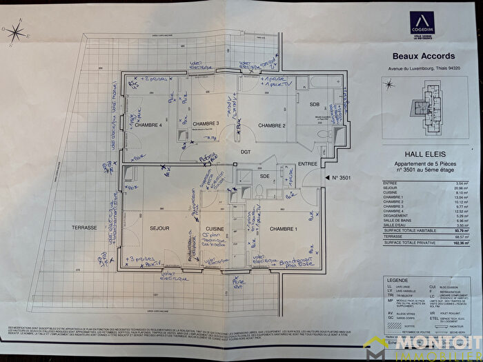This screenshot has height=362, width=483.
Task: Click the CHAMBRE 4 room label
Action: pyautogui.click(x=148, y=125)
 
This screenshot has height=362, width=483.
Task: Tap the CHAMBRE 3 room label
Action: pyautogui.click(x=205, y=123)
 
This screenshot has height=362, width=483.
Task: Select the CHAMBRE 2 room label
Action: pyautogui.click(x=272, y=125)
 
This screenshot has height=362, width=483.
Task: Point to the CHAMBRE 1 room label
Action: pyautogui.click(x=282, y=228)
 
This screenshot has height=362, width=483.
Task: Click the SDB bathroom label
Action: pyautogui.click(x=315, y=104)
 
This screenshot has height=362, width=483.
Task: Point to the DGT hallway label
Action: pyautogui.click(x=245, y=151)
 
